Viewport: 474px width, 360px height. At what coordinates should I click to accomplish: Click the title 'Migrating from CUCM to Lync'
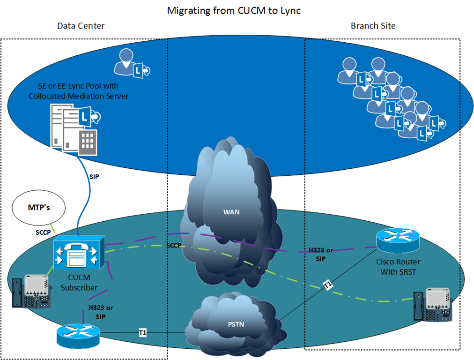coord(234,11)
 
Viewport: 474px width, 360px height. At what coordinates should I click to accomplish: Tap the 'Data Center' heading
coord(81,26)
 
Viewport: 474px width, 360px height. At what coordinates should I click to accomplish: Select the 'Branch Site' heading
coord(373,26)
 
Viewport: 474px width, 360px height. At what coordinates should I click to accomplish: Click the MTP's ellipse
coord(39,208)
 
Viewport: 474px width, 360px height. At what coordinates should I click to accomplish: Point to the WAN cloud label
coord(231,212)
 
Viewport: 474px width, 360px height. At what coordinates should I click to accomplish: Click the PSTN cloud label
coord(236,324)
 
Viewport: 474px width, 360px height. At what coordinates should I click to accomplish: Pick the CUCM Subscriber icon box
coord(79,253)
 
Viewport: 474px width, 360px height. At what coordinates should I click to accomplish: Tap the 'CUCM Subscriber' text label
coord(79,283)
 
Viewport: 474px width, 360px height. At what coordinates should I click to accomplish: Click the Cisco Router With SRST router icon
coord(398,240)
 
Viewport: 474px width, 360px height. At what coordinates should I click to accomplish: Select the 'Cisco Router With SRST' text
coord(398,267)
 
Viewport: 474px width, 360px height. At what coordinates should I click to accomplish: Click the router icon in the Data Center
coord(78,336)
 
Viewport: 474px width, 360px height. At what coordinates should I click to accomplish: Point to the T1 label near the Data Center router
coord(143,333)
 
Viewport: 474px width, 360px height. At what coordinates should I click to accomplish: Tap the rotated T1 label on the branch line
coord(328,285)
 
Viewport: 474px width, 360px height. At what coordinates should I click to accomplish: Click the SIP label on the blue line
coord(94,177)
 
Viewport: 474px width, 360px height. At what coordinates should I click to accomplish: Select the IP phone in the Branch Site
coord(433,305)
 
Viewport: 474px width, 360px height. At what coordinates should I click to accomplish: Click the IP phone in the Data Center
coord(31,292)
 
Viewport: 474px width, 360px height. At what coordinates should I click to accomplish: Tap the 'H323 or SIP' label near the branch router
coord(321,255)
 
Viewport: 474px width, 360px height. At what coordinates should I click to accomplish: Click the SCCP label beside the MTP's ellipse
coord(43,232)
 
